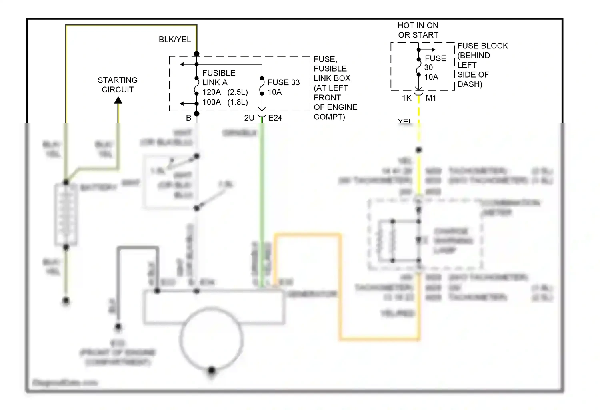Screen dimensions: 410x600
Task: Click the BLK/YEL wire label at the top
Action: (175, 40)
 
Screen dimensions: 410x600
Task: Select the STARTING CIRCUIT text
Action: (118, 85)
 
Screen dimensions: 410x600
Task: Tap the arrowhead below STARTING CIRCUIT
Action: (118, 100)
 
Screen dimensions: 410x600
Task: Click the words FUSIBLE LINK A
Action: (218, 78)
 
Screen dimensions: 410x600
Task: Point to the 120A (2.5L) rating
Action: (225, 92)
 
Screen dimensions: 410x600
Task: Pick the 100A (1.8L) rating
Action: (225, 102)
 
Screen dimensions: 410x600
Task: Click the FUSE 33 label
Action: (283, 82)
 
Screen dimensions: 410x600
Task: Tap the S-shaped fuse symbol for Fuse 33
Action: (262, 86)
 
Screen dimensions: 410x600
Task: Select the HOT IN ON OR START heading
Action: (418, 30)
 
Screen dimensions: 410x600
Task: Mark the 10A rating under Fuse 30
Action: (431, 77)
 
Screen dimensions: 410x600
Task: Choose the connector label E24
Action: (275, 118)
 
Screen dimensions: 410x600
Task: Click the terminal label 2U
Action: (249, 118)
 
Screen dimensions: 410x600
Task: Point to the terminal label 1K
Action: (406, 98)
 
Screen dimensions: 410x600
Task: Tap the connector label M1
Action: (431, 98)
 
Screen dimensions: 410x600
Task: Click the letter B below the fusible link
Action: (188, 118)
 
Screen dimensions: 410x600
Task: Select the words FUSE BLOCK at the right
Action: (482, 46)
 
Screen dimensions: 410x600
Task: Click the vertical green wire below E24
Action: (262, 200)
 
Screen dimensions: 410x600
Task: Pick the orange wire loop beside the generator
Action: (340, 288)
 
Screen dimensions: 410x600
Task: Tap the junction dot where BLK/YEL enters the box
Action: (196, 54)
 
